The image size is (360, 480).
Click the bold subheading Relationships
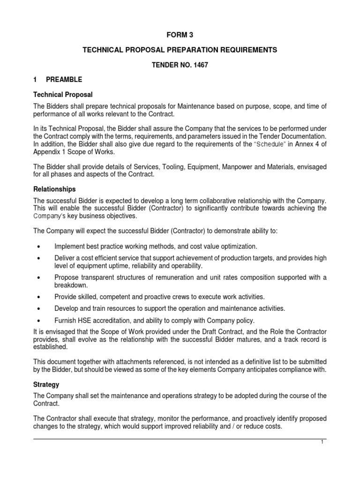[54, 189]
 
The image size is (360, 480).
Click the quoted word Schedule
[270, 144]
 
